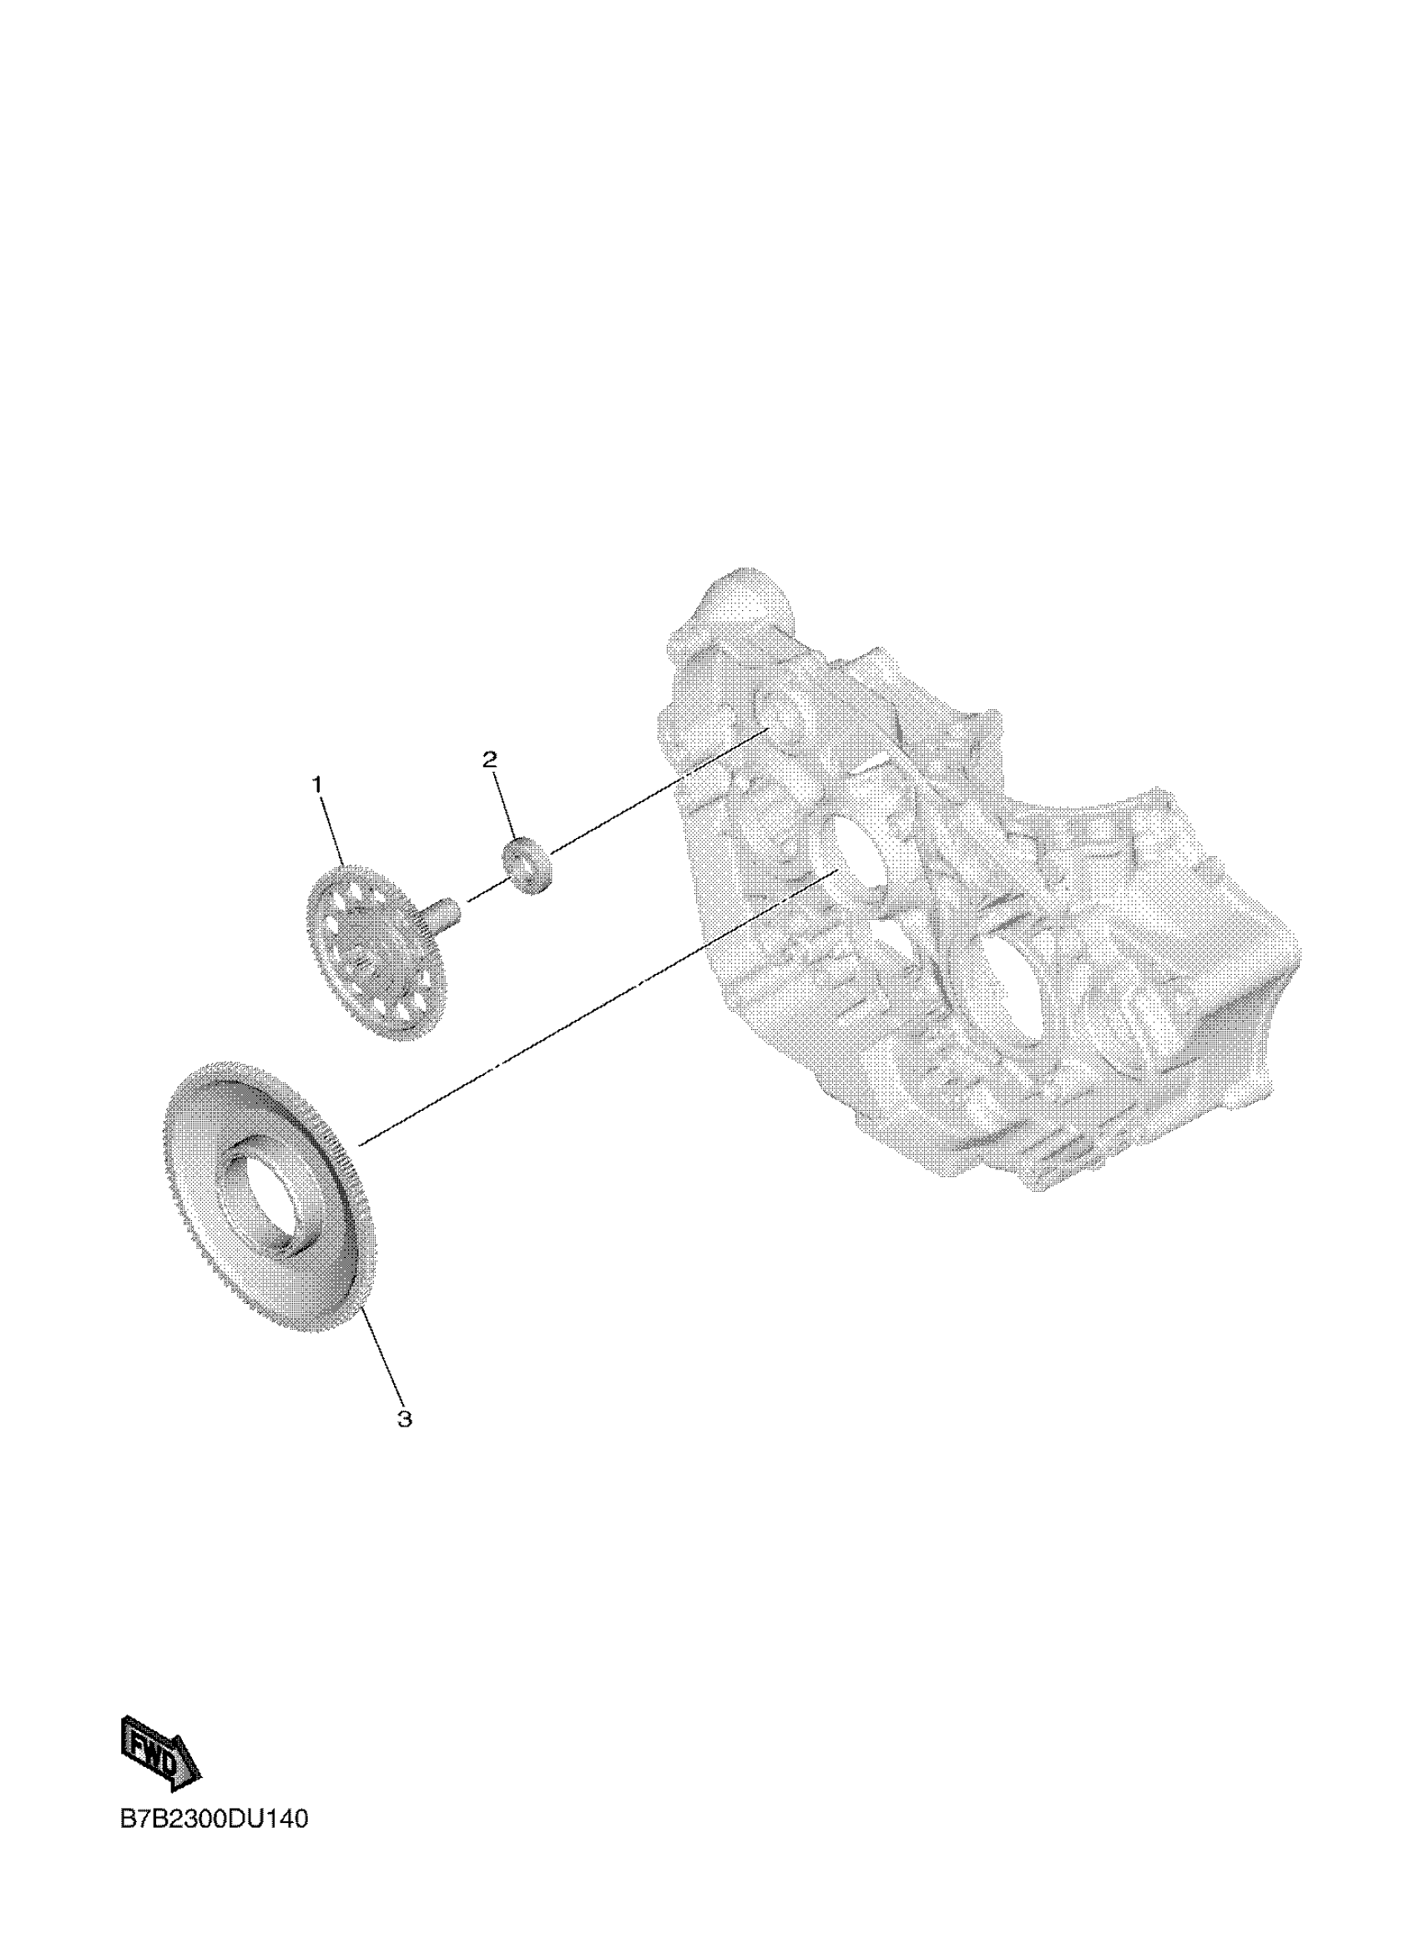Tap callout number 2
(490, 760)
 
